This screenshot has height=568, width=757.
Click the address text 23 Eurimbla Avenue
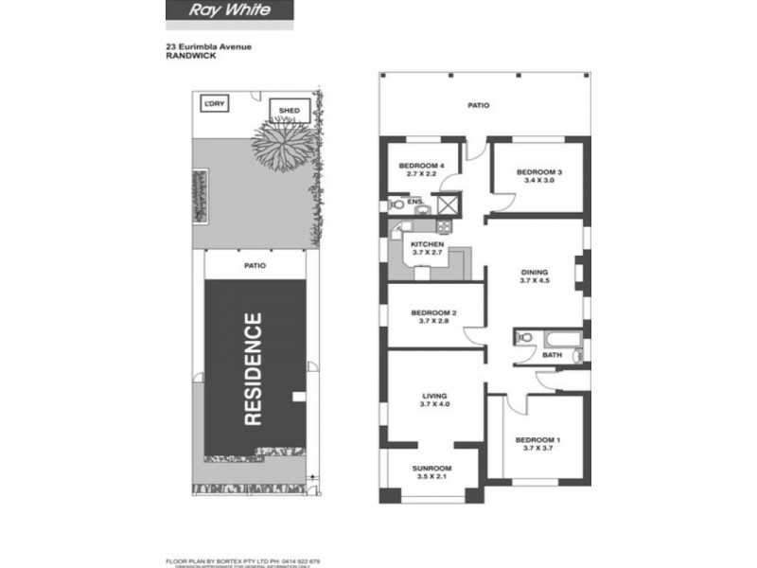[x=207, y=44]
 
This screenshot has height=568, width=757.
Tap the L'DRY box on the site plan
[x=213, y=103]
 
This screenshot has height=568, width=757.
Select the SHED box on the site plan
[x=290, y=111]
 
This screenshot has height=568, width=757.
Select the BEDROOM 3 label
[x=539, y=172]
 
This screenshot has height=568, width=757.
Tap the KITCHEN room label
[x=427, y=244]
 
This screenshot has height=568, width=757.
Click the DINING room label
[x=535, y=272]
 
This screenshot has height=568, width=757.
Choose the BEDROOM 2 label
[x=434, y=313]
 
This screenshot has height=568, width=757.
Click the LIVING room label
[x=435, y=396]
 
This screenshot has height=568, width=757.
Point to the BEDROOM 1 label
[x=538, y=439]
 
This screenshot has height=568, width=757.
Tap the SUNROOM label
[x=431, y=469]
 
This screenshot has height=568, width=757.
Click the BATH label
[x=552, y=355]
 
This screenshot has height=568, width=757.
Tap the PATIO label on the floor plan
[x=479, y=106]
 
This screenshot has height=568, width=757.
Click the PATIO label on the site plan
[x=254, y=266]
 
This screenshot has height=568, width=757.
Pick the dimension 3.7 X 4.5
[x=535, y=281]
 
